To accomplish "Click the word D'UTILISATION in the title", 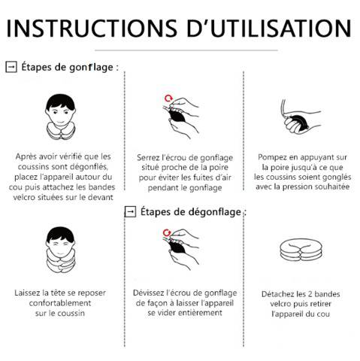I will pyautogui.click(x=273, y=28).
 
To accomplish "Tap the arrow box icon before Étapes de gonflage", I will pyautogui.click(x=11, y=67).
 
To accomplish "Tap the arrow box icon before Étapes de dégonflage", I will pyautogui.click(x=130, y=212).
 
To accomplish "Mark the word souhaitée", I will pyautogui.click(x=328, y=186).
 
